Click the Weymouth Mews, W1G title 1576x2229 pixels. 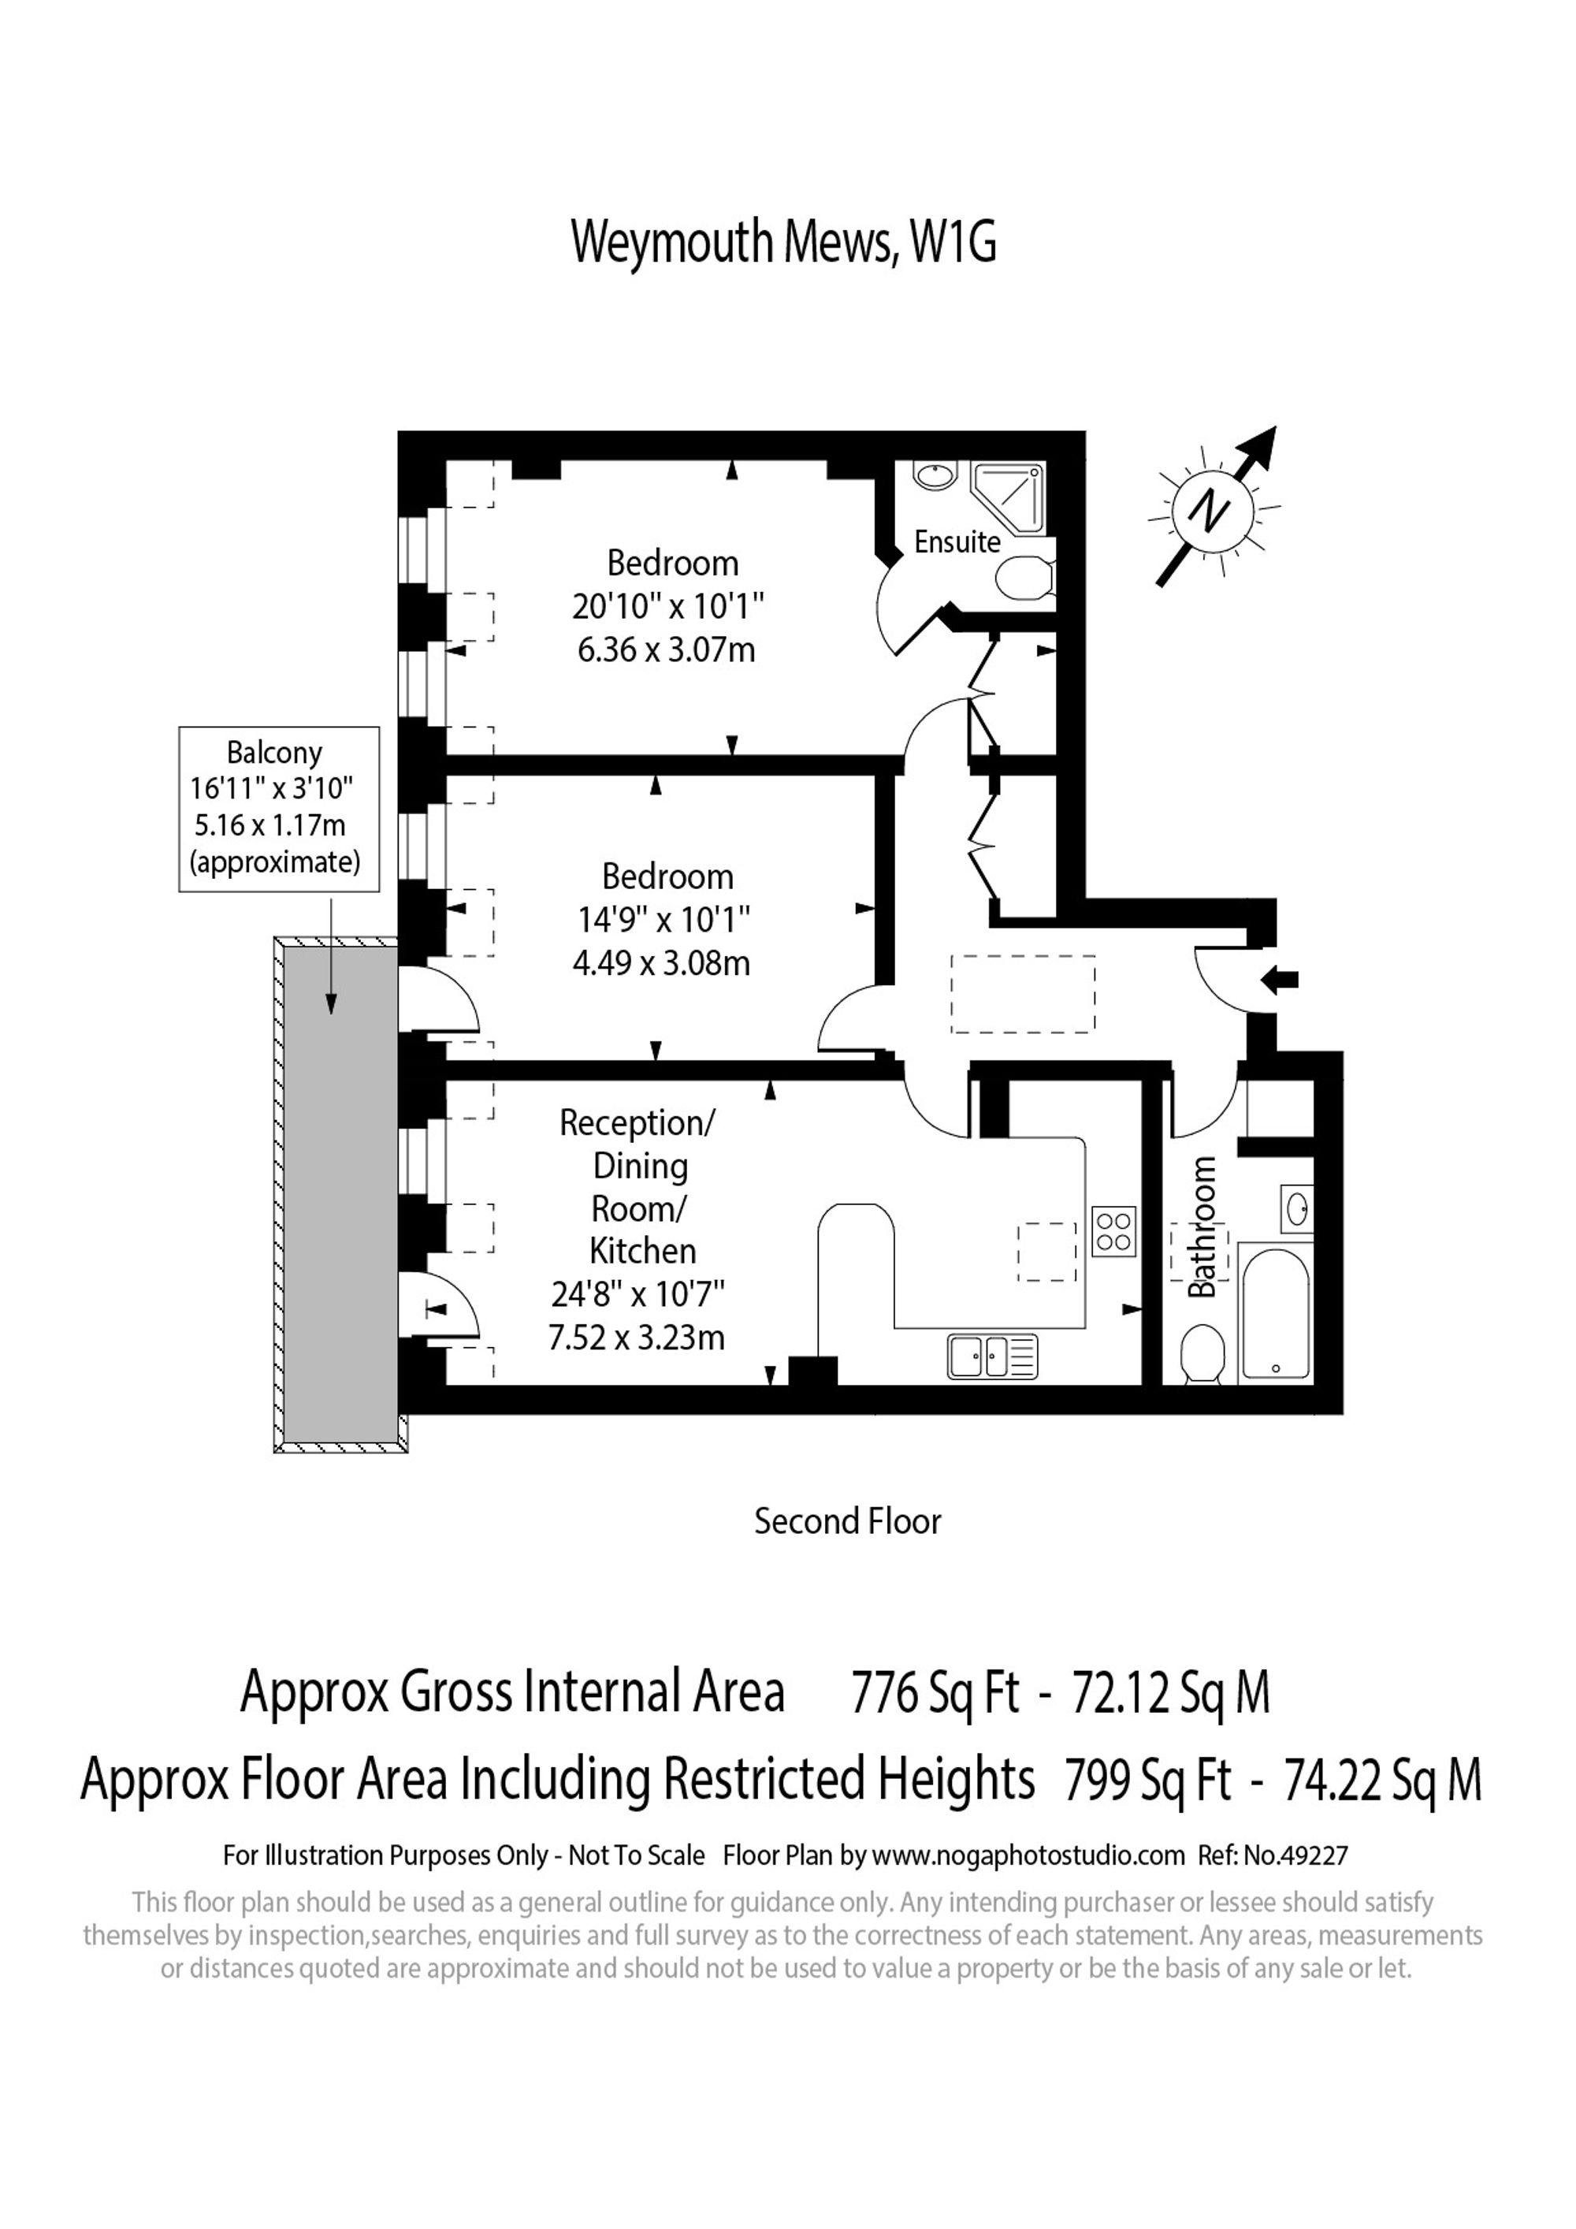click(x=783, y=242)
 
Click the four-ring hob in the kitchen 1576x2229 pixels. click(x=1114, y=1232)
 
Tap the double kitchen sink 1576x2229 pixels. click(x=992, y=1356)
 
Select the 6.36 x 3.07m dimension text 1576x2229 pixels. click(x=666, y=649)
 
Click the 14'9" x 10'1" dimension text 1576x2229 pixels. click(x=663, y=919)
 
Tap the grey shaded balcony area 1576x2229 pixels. click(x=340, y=1194)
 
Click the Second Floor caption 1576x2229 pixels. click(x=847, y=1521)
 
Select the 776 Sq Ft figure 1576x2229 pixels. click(x=935, y=1693)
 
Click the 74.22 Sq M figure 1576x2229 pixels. click(x=1382, y=1781)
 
